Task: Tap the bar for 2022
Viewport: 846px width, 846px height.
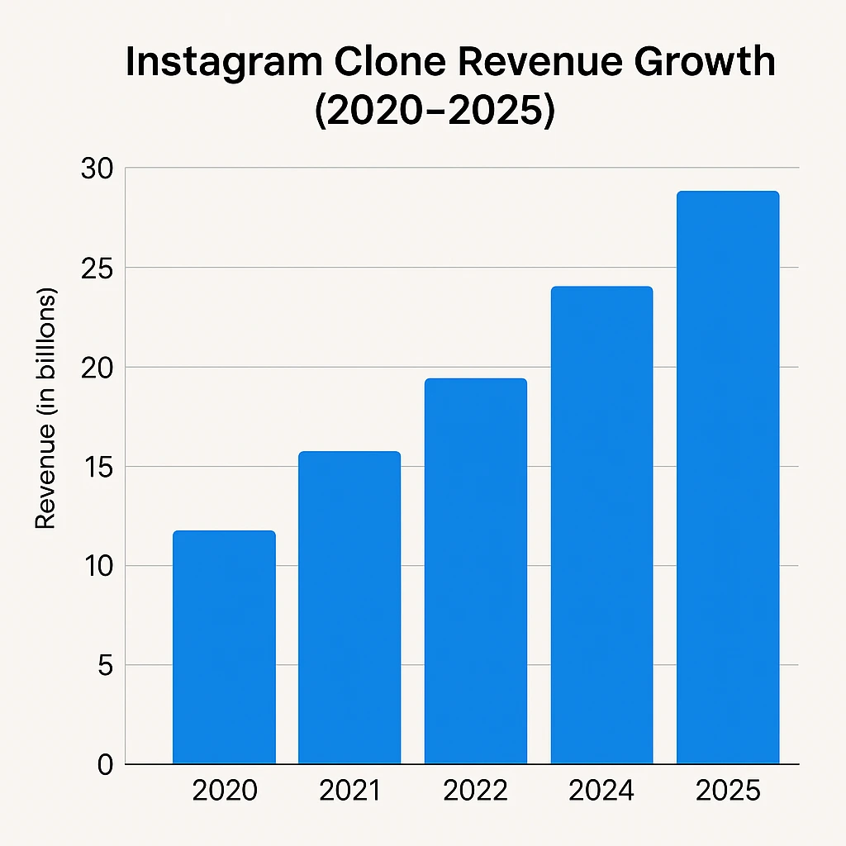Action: tap(476, 571)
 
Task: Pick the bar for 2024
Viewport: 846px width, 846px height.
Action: tap(601, 525)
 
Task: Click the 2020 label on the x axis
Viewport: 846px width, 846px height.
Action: tap(224, 791)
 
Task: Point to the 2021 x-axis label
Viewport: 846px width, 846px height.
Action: tap(349, 791)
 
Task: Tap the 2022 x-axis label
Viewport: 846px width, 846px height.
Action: tap(476, 791)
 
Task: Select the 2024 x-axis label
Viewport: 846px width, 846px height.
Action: tap(601, 791)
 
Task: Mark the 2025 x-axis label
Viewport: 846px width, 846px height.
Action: tap(728, 791)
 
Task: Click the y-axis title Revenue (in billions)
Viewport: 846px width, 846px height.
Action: tap(45, 409)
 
